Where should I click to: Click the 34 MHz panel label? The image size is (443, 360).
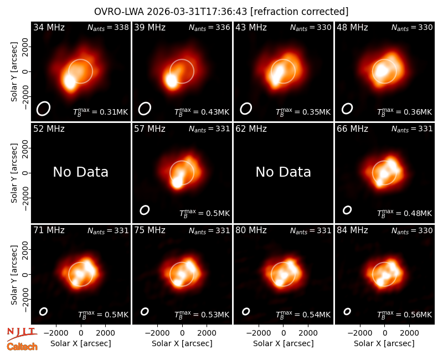click(x=49, y=27)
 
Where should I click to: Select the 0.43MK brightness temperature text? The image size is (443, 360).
click(x=202, y=112)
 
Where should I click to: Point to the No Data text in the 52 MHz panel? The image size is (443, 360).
click(x=80, y=172)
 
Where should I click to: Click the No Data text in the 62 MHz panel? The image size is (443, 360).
click(x=283, y=172)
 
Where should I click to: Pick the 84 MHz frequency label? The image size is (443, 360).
click(x=352, y=230)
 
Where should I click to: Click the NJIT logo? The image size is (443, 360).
click(x=22, y=334)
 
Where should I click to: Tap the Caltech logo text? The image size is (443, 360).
click(x=22, y=347)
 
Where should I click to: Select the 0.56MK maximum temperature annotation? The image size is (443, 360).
click(x=405, y=315)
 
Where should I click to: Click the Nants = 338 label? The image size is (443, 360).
click(x=108, y=27)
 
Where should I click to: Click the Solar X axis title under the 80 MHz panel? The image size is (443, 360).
click(x=283, y=343)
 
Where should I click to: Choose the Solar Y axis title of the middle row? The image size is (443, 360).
click(x=14, y=173)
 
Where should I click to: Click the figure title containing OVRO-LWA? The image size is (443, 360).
click(x=221, y=12)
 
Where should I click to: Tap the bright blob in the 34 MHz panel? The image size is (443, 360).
click(x=70, y=81)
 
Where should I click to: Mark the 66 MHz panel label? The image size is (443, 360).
click(x=352, y=129)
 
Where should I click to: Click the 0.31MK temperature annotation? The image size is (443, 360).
click(x=101, y=112)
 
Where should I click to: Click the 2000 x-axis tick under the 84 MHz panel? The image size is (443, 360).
click(x=409, y=333)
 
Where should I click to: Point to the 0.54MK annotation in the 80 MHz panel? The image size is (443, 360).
click(x=303, y=315)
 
